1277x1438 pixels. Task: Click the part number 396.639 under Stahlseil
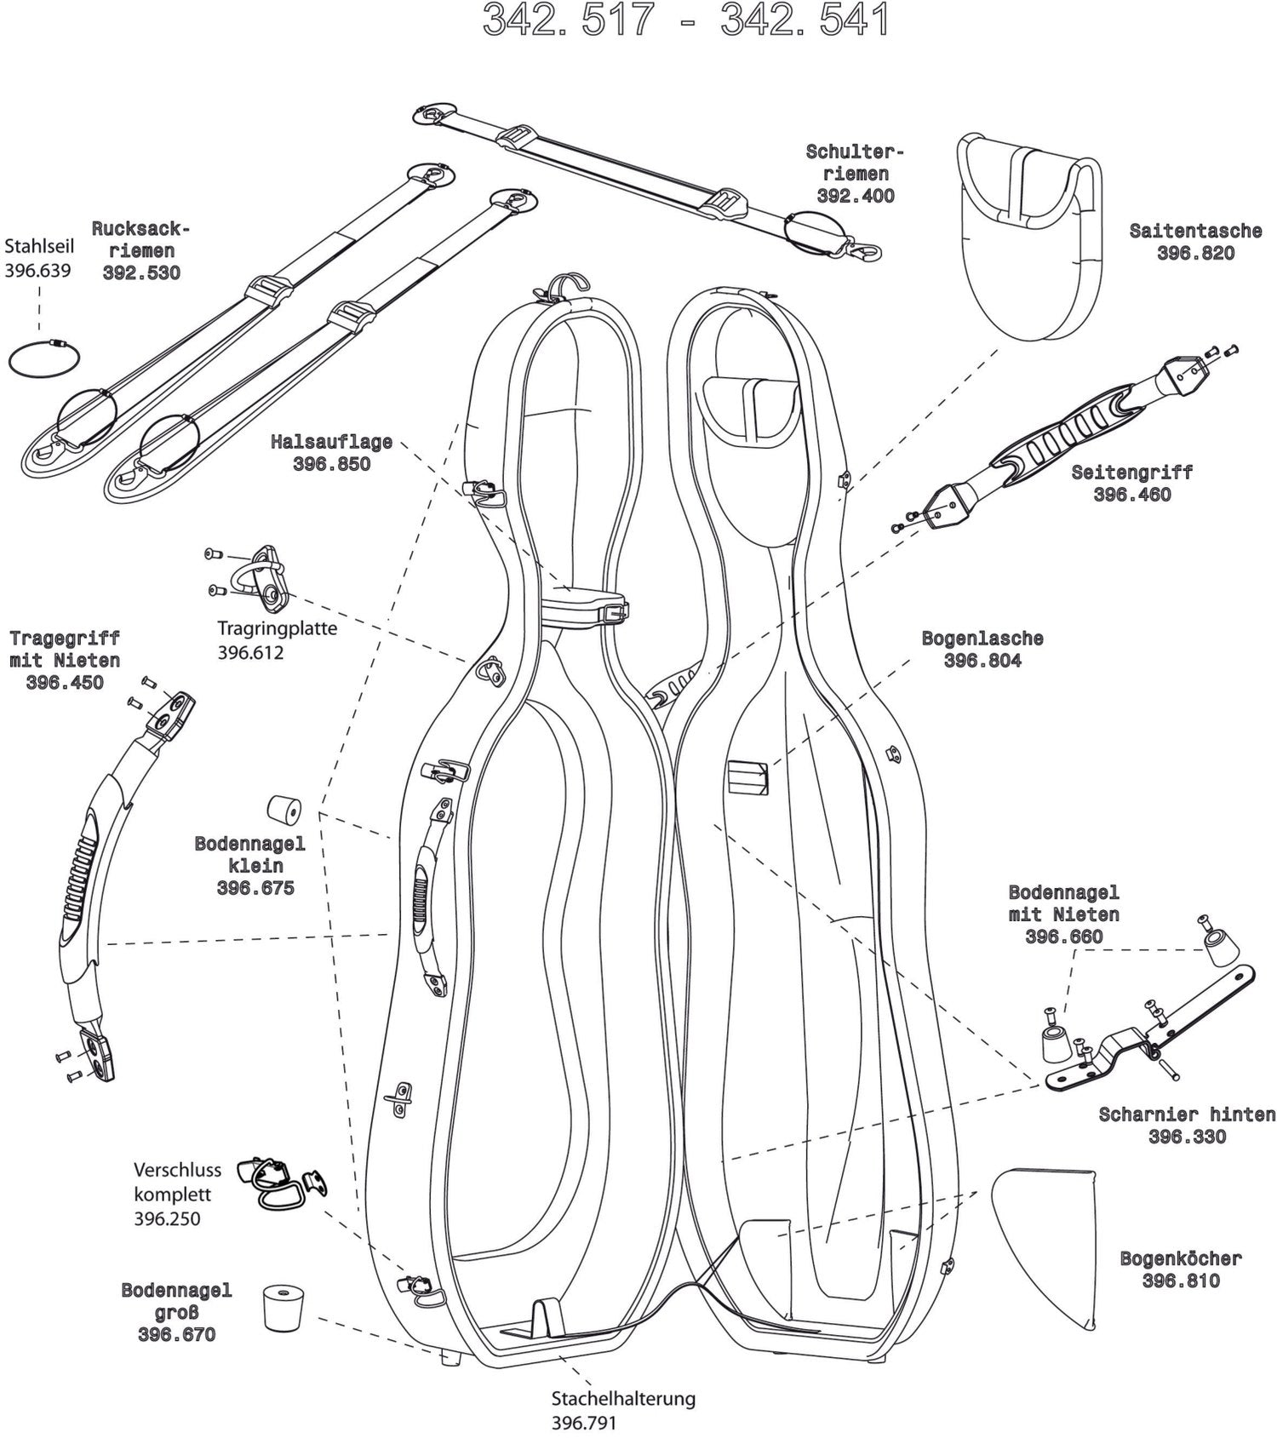click(37, 271)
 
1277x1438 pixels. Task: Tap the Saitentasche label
click(1194, 230)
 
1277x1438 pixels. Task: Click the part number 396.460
click(1131, 495)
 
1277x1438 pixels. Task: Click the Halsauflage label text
click(331, 442)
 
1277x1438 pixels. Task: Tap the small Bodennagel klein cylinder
click(284, 810)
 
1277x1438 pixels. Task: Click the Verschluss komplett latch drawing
click(280, 1183)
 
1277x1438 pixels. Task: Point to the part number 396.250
click(167, 1218)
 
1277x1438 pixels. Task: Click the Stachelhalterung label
click(623, 1398)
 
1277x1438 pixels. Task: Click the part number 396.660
click(1063, 937)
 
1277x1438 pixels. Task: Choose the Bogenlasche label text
click(982, 639)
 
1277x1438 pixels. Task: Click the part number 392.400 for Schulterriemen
click(855, 196)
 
